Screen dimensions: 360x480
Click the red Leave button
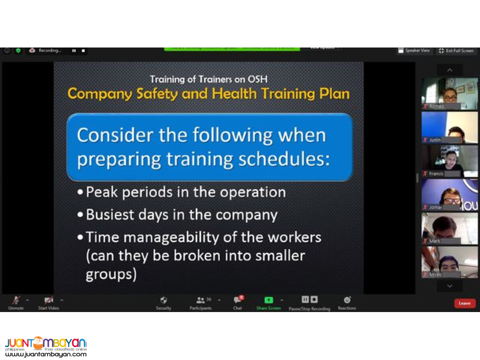point(464,303)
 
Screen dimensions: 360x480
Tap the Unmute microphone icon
point(16,300)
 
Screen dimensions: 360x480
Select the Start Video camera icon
point(48,300)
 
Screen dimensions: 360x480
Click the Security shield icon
point(163,300)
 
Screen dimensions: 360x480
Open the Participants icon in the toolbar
point(200,300)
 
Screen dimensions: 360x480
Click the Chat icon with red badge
point(237,300)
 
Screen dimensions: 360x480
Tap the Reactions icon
point(347,300)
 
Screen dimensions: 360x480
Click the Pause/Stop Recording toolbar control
point(309,300)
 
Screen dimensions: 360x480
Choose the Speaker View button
point(414,51)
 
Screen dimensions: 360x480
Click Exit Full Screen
point(456,51)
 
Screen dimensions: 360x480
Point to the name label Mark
point(435,241)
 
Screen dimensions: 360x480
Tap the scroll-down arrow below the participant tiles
point(449,286)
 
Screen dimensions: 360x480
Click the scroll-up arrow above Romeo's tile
point(449,70)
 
